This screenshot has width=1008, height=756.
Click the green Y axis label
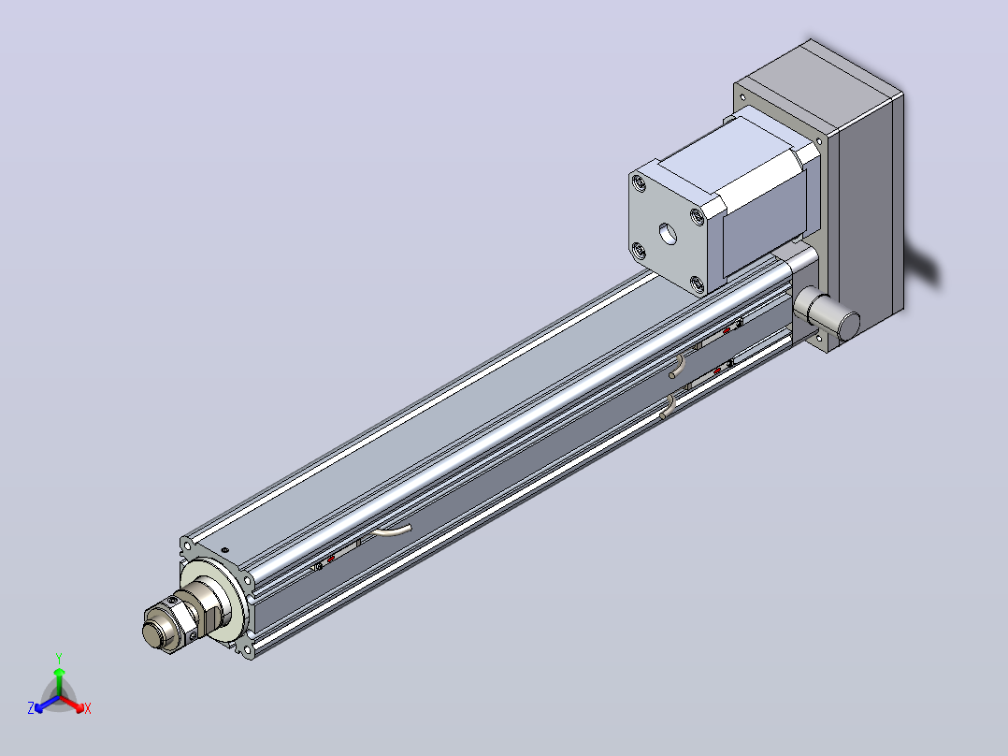click(59, 658)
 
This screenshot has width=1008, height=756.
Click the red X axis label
click(88, 709)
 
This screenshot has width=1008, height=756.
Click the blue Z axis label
click(30, 708)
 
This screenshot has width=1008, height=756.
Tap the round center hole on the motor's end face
click(668, 234)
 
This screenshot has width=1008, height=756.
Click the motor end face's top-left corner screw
click(639, 184)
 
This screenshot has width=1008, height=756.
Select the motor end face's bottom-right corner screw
click(697, 283)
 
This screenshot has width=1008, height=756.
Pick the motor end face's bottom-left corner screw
click(638, 251)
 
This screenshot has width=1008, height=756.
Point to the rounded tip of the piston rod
click(151, 633)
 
